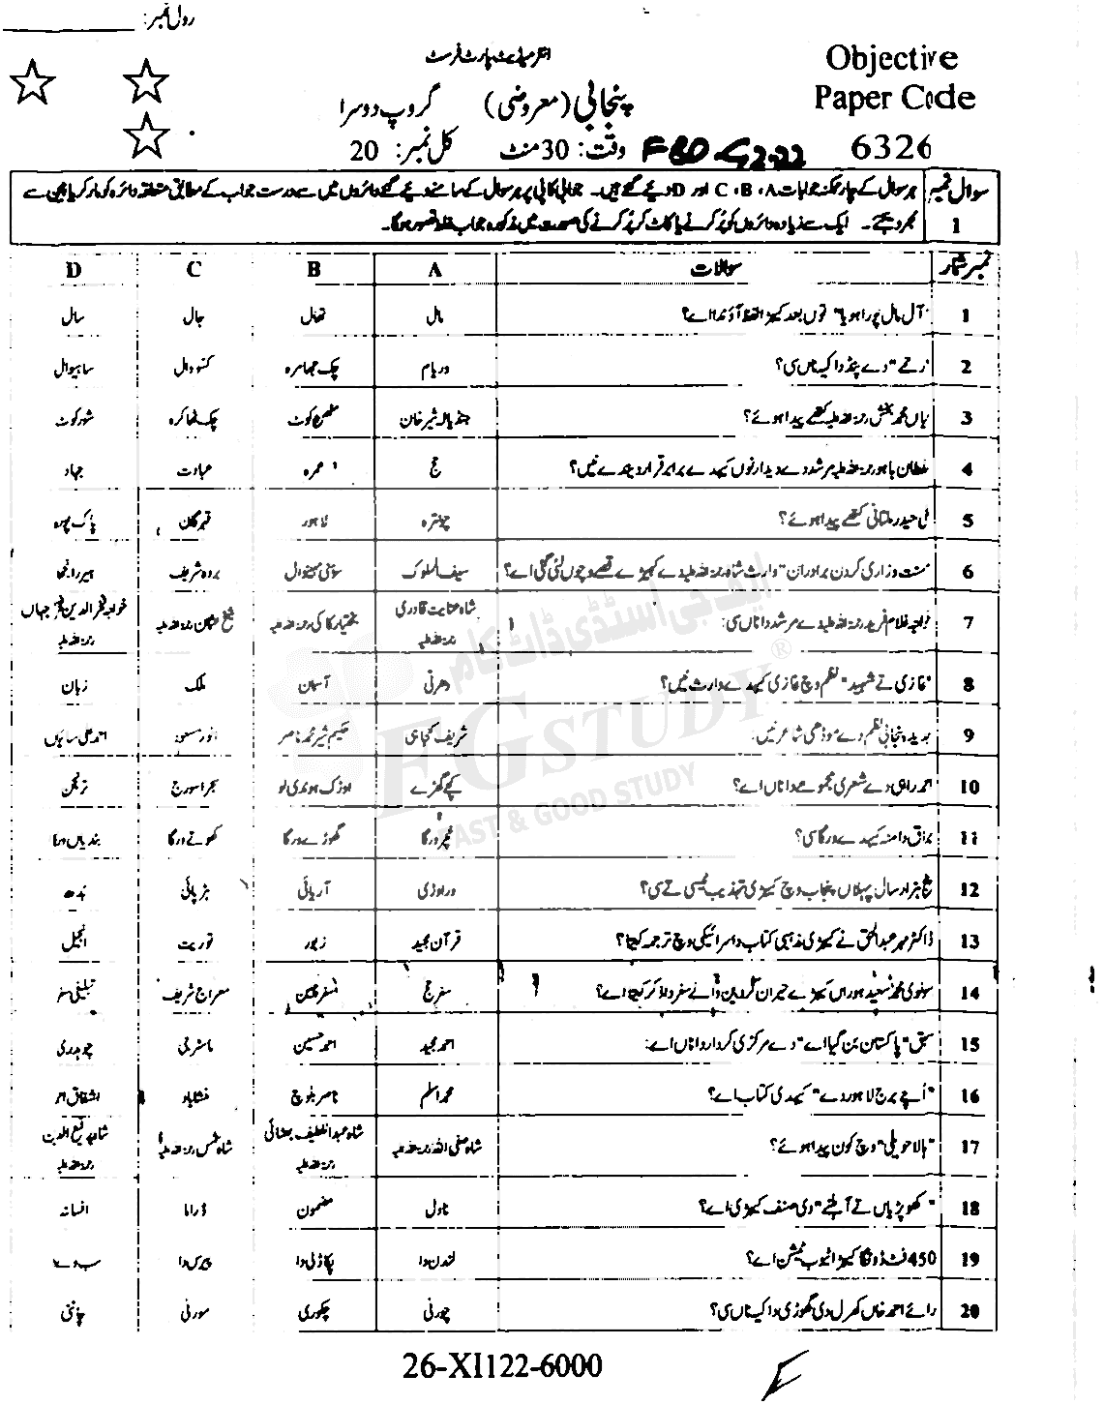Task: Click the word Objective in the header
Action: click(x=890, y=58)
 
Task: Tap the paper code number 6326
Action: click(x=892, y=146)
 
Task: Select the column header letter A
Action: click(x=434, y=271)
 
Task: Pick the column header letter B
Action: click(x=313, y=271)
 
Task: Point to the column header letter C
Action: click(x=194, y=270)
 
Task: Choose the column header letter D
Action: click(x=75, y=270)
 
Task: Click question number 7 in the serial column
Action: click(x=968, y=622)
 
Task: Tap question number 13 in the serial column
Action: click(x=969, y=942)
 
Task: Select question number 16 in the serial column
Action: click(x=970, y=1096)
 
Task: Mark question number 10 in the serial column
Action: click(x=969, y=787)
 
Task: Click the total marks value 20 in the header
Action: click(x=367, y=153)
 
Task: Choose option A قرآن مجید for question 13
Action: click(x=435, y=940)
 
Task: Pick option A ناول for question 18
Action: click(x=435, y=1209)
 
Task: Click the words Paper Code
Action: click(x=893, y=98)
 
